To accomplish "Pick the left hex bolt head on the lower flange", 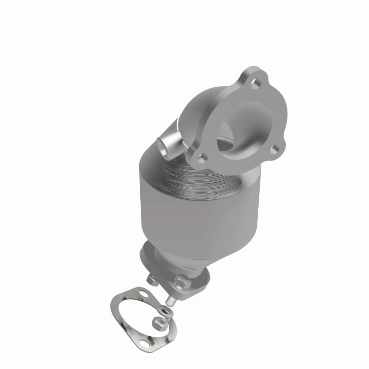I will click(x=152, y=280).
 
